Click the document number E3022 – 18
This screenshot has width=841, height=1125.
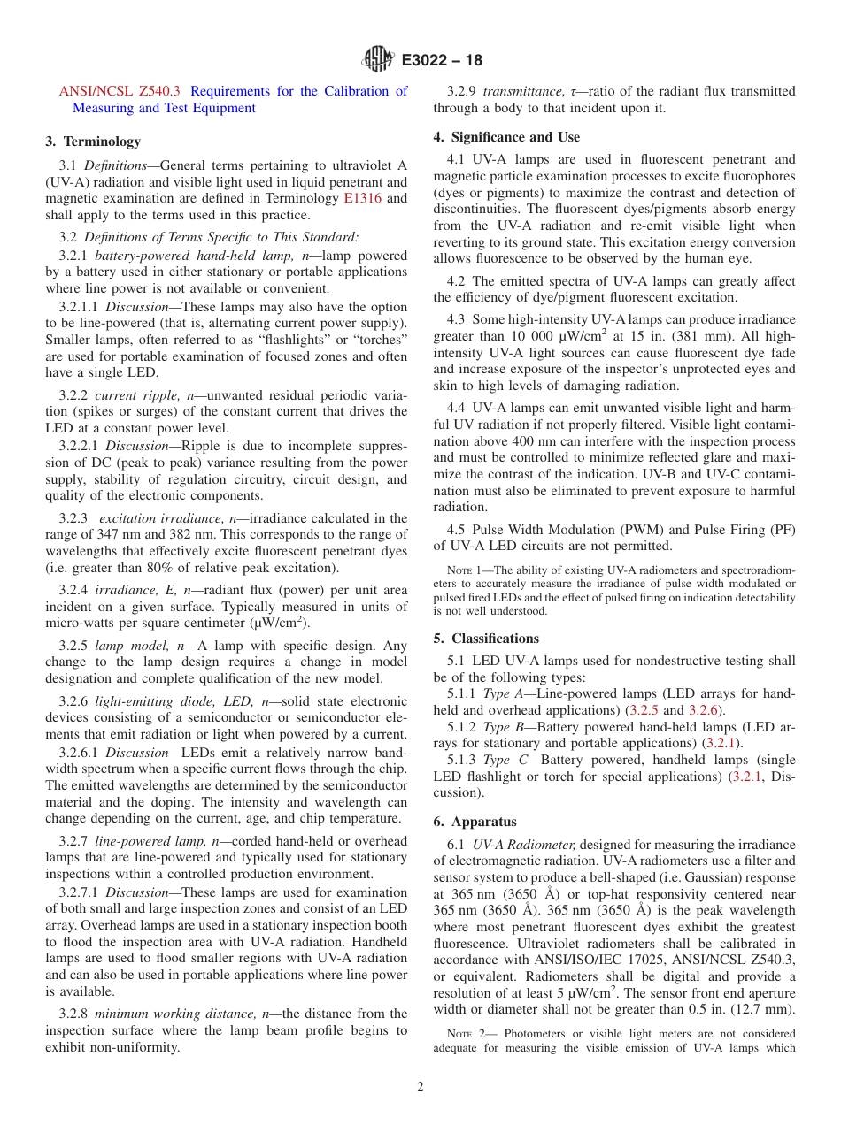click(x=442, y=61)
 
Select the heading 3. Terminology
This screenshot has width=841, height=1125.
click(x=93, y=141)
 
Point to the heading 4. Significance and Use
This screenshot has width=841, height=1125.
click(x=506, y=137)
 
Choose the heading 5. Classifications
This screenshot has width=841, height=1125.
click(x=485, y=638)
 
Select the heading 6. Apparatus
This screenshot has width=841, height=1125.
click(x=475, y=822)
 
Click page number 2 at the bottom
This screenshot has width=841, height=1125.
click(x=420, y=1087)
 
